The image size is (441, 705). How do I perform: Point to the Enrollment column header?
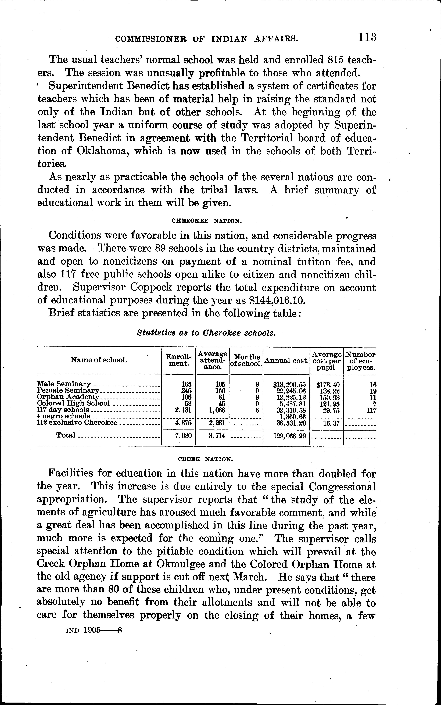178,360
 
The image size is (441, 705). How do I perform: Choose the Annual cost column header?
286,360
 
